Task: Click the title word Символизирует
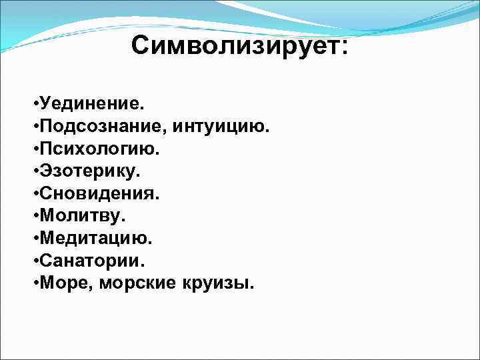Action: [236, 46]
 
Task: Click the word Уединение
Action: [91, 104]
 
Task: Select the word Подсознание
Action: [103, 126]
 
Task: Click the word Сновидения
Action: [99, 194]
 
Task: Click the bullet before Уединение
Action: [34, 105]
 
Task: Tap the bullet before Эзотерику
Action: [34, 172]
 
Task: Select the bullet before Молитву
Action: [34, 217]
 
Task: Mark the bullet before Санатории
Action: [34, 262]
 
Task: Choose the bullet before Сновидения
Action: [34, 195]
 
